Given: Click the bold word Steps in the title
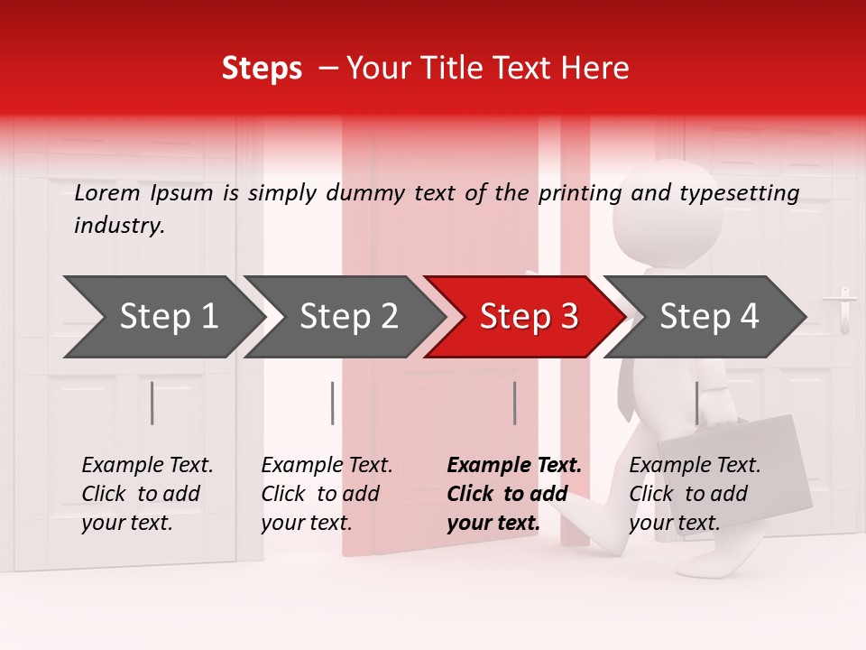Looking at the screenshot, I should [262, 69].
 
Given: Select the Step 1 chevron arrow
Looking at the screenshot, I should [162, 317].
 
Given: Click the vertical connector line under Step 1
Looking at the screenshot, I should [152, 403].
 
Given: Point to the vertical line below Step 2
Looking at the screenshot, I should [333, 403].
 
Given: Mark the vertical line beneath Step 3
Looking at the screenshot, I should [514, 403].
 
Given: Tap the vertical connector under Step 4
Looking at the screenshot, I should [696, 403].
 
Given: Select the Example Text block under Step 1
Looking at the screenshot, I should [147, 494].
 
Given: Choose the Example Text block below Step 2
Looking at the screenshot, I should [327, 494].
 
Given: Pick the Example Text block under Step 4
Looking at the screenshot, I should [695, 494].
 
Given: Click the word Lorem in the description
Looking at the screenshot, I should [107, 193].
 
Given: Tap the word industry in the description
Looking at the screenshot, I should [118, 226].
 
